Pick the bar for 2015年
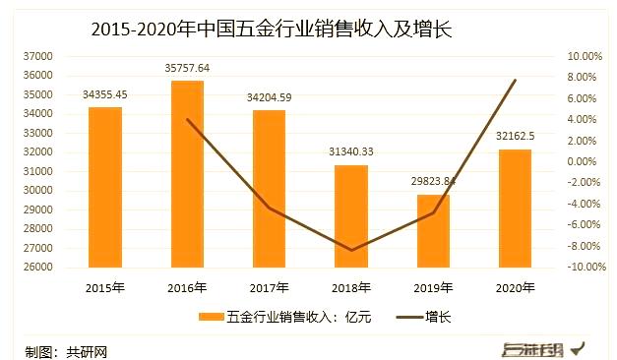[x=105, y=187]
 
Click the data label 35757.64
[x=188, y=69]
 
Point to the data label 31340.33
[x=351, y=152]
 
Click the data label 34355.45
[x=106, y=95]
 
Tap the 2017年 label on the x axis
[x=270, y=287]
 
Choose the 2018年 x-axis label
[x=351, y=287]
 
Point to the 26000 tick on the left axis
[x=38, y=267]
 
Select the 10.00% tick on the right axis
[x=584, y=57]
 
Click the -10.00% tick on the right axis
[x=583, y=267]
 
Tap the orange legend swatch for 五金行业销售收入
[x=212, y=318]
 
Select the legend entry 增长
[x=440, y=318]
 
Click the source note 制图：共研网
[x=66, y=350]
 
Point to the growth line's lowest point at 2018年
[x=351, y=250]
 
